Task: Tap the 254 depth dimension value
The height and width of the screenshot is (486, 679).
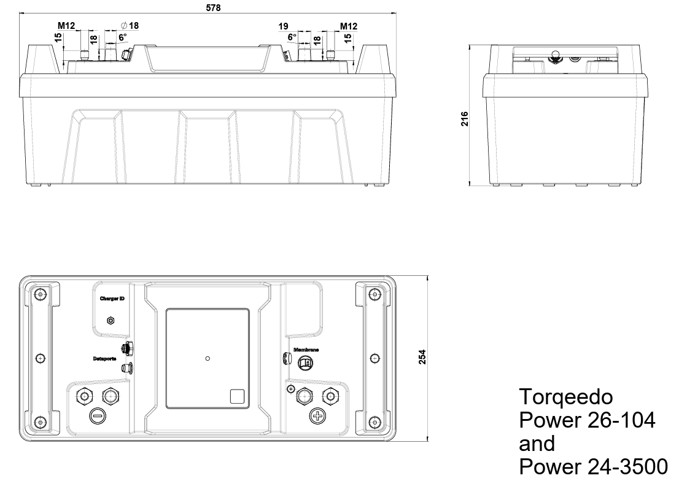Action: coord(422,357)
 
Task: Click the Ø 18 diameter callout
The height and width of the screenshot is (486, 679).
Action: coord(130,26)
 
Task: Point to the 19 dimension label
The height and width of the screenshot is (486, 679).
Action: coord(283,26)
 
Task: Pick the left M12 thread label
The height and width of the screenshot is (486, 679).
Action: coord(66,26)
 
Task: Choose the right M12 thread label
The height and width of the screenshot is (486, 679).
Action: coord(349,26)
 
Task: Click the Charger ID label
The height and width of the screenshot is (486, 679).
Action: coord(112,299)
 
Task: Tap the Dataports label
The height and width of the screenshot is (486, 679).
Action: coord(105,358)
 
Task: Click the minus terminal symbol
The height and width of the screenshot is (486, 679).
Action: coord(97,416)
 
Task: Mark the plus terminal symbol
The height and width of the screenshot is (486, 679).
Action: coord(317,416)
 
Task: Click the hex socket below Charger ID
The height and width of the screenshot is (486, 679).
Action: coord(111,320)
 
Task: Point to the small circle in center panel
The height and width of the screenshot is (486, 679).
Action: coord(208,358)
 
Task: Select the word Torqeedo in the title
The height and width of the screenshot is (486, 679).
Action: coord(565,396)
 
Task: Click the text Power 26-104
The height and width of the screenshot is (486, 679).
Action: coord(587,420)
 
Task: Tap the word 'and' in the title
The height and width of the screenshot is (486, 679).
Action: coord(537,444)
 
